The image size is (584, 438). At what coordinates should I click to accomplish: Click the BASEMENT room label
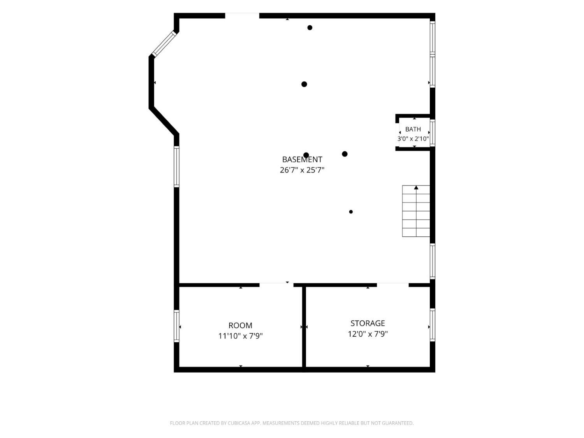click(x=302, y=159)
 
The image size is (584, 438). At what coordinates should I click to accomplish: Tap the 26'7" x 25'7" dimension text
click(x=302, y=170)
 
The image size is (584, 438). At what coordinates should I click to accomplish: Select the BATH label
click(x=413, y=129)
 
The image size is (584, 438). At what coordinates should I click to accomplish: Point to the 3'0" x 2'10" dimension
click(x=413, y=139)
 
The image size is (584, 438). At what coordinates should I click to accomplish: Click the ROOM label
click(x=240, y=325)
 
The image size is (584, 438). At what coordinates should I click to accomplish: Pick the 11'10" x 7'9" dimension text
click(x=240, y=336)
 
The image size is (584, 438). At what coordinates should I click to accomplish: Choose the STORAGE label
click(x=368, y=323)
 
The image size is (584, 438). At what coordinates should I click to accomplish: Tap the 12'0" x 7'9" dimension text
click(x=368, y=334)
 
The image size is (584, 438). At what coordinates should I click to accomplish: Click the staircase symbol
click(x=416, y=211)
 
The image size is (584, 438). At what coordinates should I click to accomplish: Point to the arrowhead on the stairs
click(x=416, y=188)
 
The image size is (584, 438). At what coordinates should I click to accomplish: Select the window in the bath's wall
click(x=433, y=133)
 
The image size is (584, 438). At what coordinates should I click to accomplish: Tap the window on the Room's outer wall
click(x=176, y=326)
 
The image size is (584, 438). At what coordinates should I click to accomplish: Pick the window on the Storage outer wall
click(x=433, y=325)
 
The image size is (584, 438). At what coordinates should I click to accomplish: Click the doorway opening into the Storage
click(x=393, y=285)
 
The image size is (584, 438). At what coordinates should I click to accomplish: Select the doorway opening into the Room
click(x=276, y=285)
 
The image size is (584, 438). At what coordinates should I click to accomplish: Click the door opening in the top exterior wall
click(x=242, y=16)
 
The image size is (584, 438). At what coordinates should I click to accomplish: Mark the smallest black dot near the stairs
click(x=351, y=212)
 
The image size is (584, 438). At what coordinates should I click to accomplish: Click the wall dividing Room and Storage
click(x=304, y=327)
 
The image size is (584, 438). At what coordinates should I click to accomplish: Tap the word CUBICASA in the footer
click(x=239, y=423)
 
